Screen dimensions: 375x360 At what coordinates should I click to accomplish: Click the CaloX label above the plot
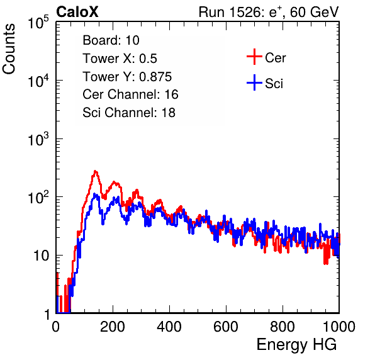[x=77, y=12]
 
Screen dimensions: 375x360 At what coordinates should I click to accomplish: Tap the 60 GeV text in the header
[x=314, y=12]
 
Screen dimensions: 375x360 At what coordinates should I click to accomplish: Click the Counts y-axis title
[x=9, y=49]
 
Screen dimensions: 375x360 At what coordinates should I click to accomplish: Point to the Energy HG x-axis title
[x=296, y=345]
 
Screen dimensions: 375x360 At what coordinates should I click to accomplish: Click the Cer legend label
[x=275, y=58]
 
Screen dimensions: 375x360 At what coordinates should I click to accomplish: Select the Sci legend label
[x=274, y=84]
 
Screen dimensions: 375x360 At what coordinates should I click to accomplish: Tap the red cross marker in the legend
[x=254, y=57]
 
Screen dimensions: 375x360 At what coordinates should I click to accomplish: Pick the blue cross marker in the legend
[x=254, y=82]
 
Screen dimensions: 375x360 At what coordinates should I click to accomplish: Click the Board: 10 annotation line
[x=111, y=40]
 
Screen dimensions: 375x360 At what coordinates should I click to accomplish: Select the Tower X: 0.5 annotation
[x=120, y=59]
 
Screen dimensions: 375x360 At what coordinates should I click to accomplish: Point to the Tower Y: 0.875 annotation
[x=127, y=77]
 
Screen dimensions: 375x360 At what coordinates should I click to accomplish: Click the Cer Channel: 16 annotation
[x=130, y=94]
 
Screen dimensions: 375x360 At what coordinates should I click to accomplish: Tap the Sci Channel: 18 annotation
[x=129, y=113]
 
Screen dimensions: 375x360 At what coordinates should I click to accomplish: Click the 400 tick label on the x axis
[x=169, y=327]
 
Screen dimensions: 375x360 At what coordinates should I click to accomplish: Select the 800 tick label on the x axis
[x=283, y=327]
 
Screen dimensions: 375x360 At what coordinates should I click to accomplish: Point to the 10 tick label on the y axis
[x=42, y=256]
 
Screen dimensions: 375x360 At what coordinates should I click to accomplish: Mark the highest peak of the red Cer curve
[x=95, y=171]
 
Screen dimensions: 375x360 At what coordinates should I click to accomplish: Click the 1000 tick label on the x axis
[x=339, y=327]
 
